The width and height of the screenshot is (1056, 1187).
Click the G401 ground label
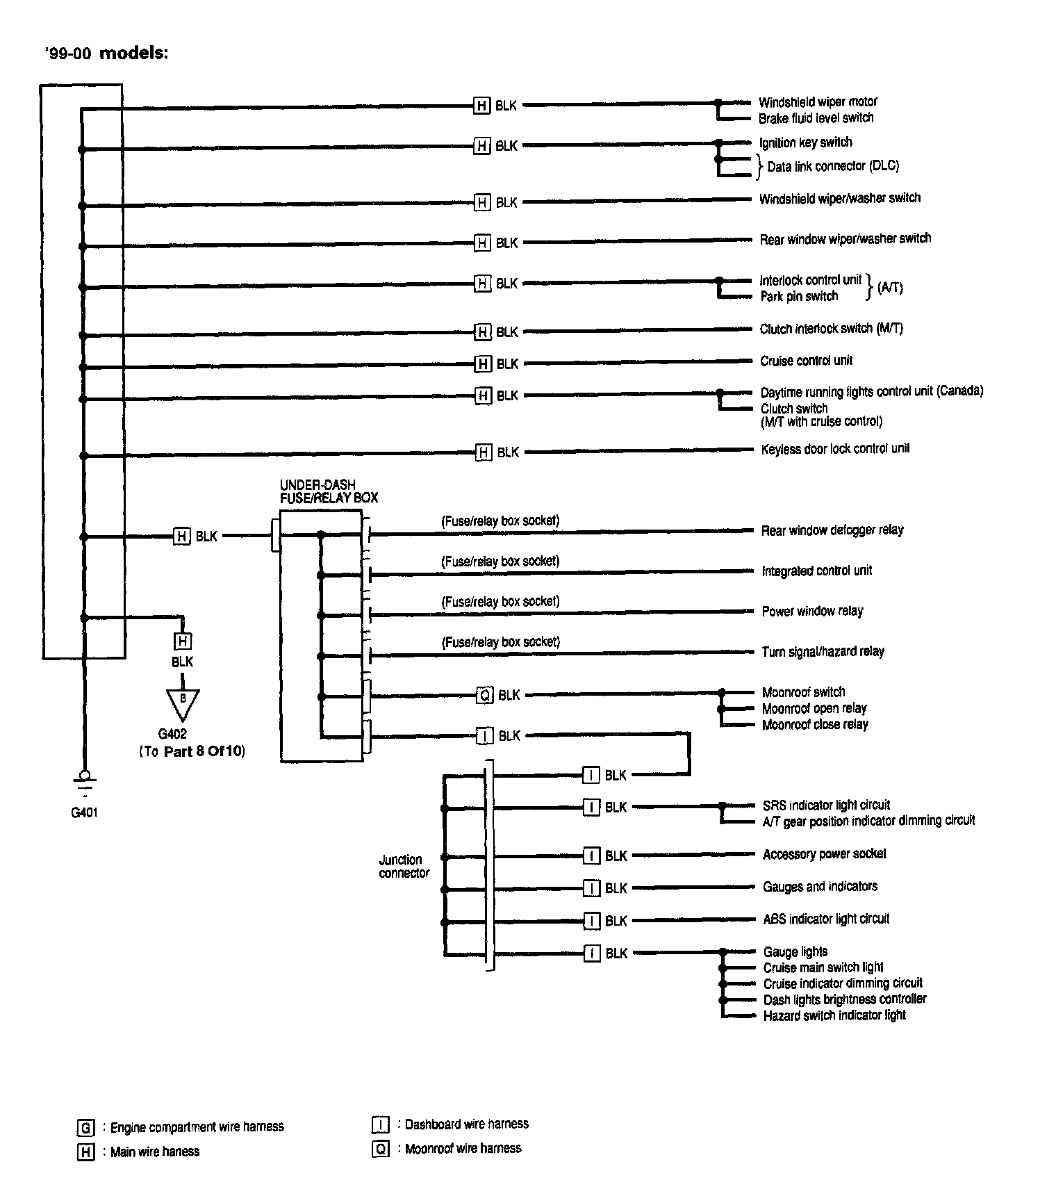[x=84, y=812]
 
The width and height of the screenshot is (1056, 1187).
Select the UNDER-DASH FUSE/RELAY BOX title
[x=329, y=491]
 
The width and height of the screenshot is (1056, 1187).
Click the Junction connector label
[x=404, y=866]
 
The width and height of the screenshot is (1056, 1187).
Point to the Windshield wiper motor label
[x=818, y=102]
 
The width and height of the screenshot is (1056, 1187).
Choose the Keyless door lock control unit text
[x=835, y=449]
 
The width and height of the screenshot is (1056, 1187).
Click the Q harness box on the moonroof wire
[x=484, y=695]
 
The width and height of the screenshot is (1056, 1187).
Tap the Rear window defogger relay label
[x=832, y=530]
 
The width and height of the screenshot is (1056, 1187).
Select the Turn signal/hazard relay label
[x=823, y=652]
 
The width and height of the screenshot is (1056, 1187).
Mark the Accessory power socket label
[x=825, y=854]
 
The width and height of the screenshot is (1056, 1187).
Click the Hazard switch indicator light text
[x=834, y=1015]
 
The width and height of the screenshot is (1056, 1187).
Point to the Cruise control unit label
[x=806, y=361]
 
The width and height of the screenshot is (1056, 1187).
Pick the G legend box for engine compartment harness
[x=85, y=1127]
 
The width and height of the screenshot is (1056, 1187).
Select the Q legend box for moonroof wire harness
[x=381, y=1149]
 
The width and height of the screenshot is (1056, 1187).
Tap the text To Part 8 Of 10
[x=192, y=751]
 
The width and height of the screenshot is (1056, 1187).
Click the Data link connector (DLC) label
[x=833, y=167]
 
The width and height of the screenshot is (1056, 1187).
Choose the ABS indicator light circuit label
[x=826, y=919]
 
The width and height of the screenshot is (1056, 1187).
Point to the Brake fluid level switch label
[x=816, y=118]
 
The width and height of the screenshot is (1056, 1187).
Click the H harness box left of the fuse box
[x=181, y=537]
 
